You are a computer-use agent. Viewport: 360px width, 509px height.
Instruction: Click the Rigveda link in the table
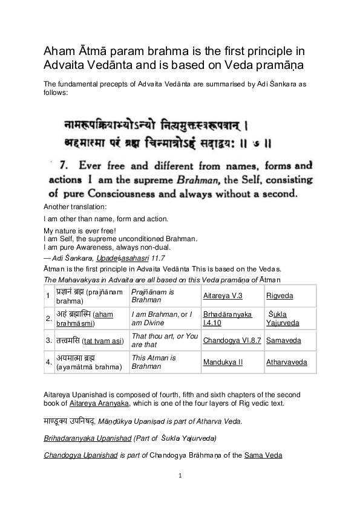click(x=278, y=294)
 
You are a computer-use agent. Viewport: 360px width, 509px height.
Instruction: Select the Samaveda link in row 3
click(x=282, y=341)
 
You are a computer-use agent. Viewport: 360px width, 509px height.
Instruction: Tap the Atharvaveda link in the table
click(x=286, y=363)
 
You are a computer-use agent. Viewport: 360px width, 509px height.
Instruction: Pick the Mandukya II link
click(x=223, y=363)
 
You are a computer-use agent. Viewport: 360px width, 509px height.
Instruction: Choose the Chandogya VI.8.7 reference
click(x=232, y=341)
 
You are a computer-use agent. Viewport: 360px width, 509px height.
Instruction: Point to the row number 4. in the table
click(x=48, y=363)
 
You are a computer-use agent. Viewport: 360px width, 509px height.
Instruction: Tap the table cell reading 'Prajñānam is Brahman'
click(x=152, y=295)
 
